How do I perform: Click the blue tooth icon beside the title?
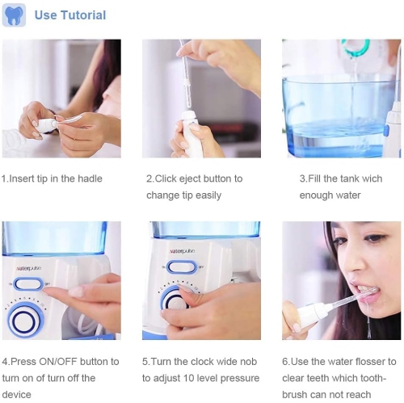tap(14, 15)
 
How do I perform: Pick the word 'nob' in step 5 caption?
tap(245, 361)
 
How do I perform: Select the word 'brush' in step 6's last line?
tap(295, 395)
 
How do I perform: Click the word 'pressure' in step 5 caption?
tap(239, 378)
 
